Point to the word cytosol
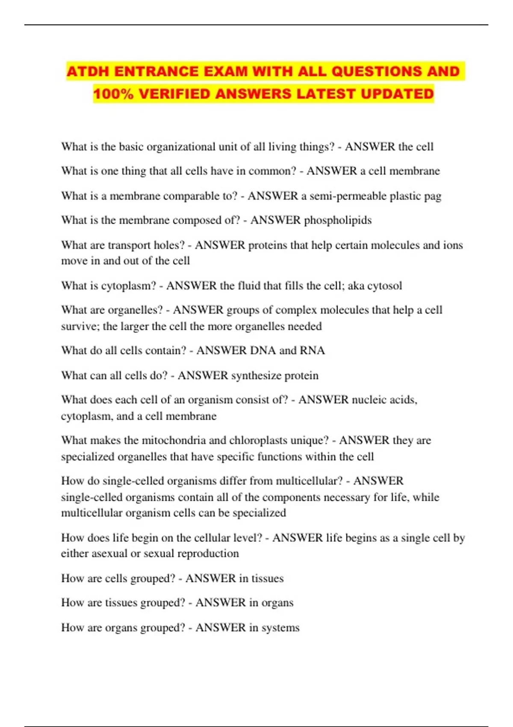(x=383, y=286)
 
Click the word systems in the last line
(x=280, y=628)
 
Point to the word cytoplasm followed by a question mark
(x=129, y=286)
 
